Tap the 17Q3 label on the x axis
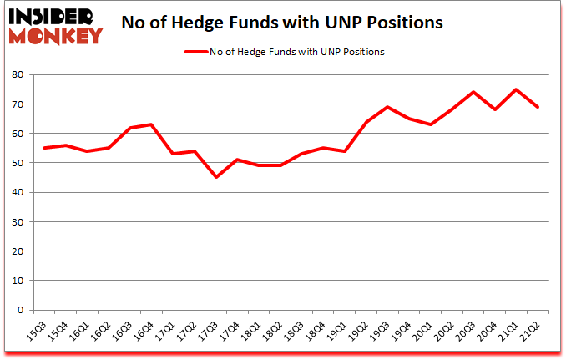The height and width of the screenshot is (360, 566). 213,327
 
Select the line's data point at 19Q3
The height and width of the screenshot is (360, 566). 387,107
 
